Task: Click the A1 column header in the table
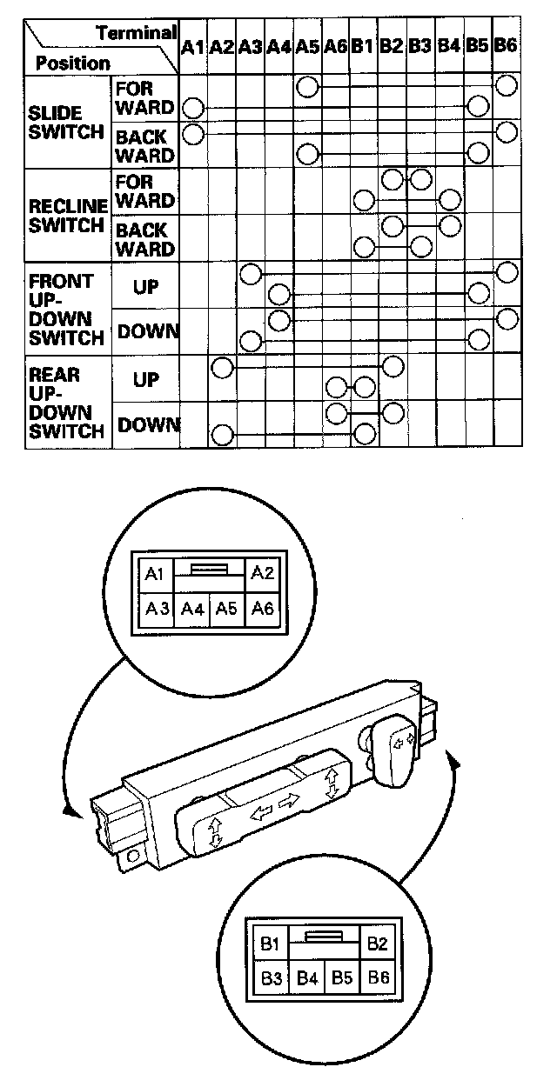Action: tap(192, 47)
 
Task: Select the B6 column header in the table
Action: tap(506, 46)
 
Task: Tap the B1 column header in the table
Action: tap(362, 47)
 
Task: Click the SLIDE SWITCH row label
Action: tap(56, 123)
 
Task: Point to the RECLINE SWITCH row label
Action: tap(68, 216)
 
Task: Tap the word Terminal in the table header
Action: tap(137, 33)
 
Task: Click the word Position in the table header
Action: tap(73, 63)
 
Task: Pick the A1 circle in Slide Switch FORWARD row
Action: tap(193, 109)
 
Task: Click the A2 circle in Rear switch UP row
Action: tap(222, 367)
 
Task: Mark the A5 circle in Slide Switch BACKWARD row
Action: tap(306, 155)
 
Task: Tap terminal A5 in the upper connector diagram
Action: tap(226, 609)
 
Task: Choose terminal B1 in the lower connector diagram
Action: tap(270, 944)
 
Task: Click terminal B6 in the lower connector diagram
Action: tap(379, 978)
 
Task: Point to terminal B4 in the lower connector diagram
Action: tap(306, 978)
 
